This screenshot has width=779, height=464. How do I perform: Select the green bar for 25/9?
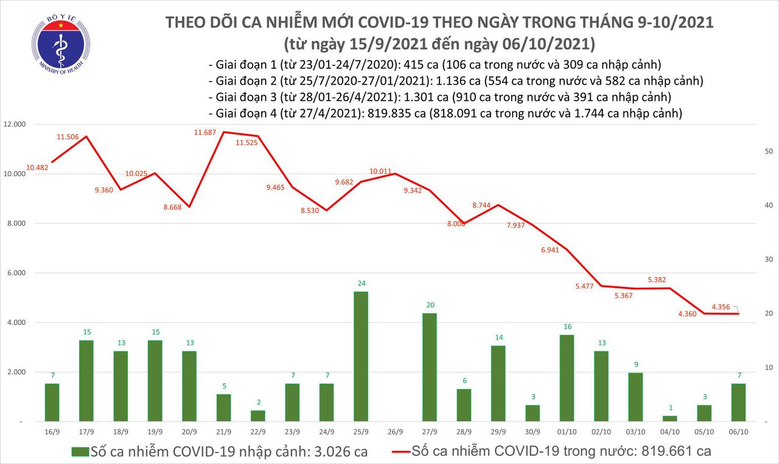click(x=361, y=356)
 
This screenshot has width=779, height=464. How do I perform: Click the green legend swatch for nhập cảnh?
click(x=80, y=451)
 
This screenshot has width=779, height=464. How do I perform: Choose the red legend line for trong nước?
click(x=400, y=451)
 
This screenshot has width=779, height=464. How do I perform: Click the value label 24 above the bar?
click(x=361, y=283)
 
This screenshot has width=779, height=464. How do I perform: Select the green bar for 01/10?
click(x=566, y=378)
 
